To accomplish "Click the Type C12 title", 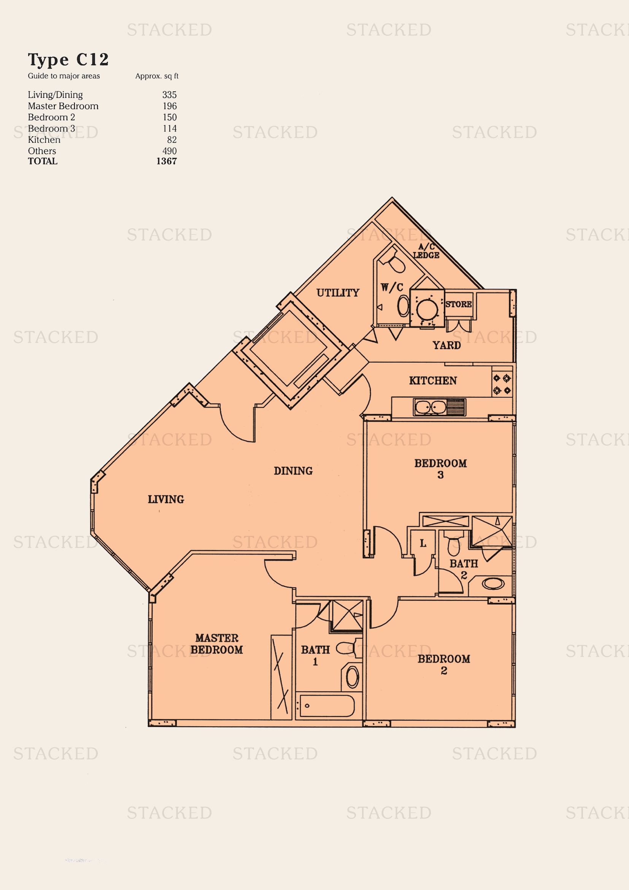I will point(68,60).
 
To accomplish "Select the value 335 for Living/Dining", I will point(169,95).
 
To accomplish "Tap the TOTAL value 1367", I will point(167,161).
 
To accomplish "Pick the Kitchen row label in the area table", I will point(44,140).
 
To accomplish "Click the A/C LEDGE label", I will point(426,251).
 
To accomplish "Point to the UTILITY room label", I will point(338,293).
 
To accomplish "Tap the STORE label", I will point(458,304).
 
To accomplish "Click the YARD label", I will point(446,345).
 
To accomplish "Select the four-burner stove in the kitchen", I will point(502,384).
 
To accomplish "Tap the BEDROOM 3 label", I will point(440,469).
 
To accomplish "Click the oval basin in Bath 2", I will point(493,583).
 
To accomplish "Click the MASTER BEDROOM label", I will point(216,643).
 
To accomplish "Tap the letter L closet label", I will point(423,543).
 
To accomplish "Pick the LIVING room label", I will point(166,499).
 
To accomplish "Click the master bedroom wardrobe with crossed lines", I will point(281,677).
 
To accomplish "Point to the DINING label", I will point(293,471).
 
